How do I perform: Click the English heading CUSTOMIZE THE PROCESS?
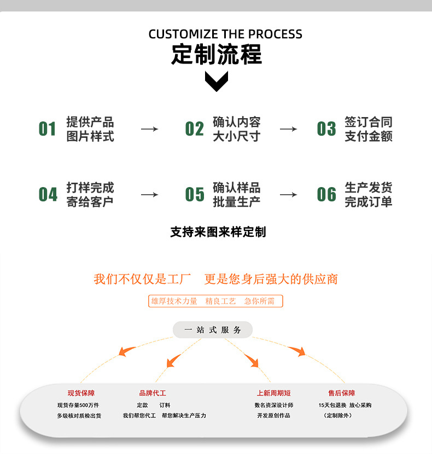[x=225, y=34]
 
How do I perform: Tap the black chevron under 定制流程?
[x=216, y=81]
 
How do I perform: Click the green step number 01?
[x=48, y=129]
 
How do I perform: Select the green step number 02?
[x=194, y=129]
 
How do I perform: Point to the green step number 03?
[x=326, y=129]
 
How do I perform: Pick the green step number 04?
[x=48, y=195]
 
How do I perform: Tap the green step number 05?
[x=194, y=195]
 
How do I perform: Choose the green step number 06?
[x=326, y=195]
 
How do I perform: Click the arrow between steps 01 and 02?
[x=149, y=129]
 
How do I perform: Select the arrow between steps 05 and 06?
[x=288, y=195]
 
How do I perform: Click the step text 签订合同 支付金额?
[x=369, y=129]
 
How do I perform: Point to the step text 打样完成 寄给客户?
[x=90, y=195]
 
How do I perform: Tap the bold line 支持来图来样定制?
[x=218, y=232]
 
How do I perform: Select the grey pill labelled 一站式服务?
[x=213, y=330]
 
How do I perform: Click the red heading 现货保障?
[x=81, y=393]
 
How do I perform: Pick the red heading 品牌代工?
[x=153, y=393]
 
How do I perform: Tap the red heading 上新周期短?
[x=273, y=393]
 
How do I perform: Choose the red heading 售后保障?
[x=341, y=393]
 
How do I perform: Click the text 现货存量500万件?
[x=78, y=405]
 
